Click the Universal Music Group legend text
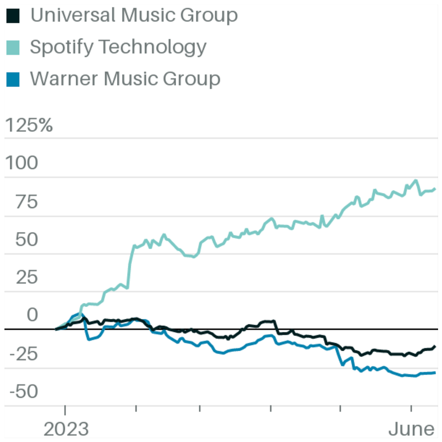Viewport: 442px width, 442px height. tap(133, 15)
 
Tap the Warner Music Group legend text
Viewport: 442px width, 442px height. tap(125, 79)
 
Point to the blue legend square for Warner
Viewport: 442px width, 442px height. tap(13, 79)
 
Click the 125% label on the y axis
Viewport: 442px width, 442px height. tap(29, 126)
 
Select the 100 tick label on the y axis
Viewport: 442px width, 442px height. tap(22, 164)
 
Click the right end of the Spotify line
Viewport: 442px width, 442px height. tap(435, 189)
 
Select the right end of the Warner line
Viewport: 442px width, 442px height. tap(435, 372)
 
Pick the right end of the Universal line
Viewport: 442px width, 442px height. tap(435, 346)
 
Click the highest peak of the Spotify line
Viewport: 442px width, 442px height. tap(416, 180)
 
